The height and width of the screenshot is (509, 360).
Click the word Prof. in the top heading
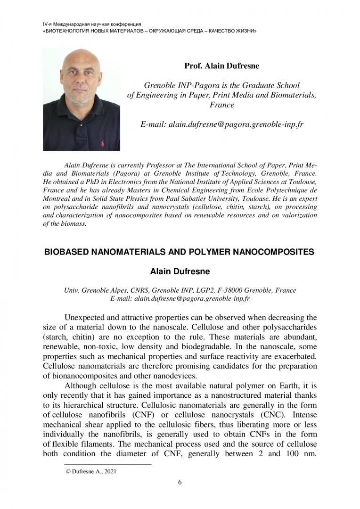coord(193,66)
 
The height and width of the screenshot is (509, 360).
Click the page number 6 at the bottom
coord(180,482)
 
